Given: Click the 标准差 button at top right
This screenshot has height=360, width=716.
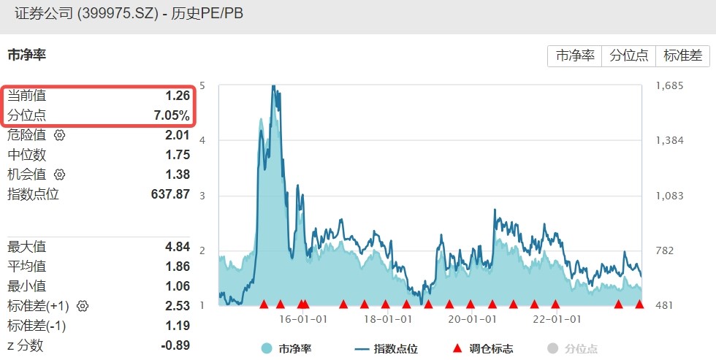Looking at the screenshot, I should pyautogui.click(x=683, y=55).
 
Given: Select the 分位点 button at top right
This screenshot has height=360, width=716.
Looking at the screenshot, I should pyautogui.click(x=628, y=55).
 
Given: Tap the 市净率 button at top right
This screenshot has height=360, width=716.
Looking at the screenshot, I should pyautogui.click(x=575, y=55).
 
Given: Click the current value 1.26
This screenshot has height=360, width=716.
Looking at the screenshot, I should pyautogui.click(x=178, y=95).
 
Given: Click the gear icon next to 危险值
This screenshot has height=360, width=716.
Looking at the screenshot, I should pyautogui.click(x=60, y=135).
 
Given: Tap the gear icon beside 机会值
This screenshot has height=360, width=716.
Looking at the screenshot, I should pyautogui.click(x=60, y=175).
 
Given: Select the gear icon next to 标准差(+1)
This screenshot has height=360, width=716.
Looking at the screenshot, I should pyautogui.click(x=83, y=305).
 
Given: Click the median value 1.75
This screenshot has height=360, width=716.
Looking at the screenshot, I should pyautogui.click(x=178, y=155).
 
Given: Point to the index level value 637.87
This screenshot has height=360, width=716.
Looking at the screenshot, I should pyautogui.click(x=170, y=194).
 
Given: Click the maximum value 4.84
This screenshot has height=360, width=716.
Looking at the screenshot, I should pyautogui.click(x=178, y=246).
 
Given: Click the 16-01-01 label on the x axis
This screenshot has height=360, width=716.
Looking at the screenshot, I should pyautogui.click(x=302, y=319).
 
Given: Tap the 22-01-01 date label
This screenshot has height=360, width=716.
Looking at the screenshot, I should pyautogui.click(x=556, y=319).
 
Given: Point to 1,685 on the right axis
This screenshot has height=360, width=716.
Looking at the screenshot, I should pyautogui.click(x=669, y=86).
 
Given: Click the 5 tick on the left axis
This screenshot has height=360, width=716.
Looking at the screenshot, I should pyautogui.click(x=202, y=86).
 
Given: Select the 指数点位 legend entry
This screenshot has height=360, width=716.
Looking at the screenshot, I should pyautogui.click(x=391, y=349).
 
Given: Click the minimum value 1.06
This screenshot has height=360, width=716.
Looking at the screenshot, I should pyautogui.click(x=178, y=286).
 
